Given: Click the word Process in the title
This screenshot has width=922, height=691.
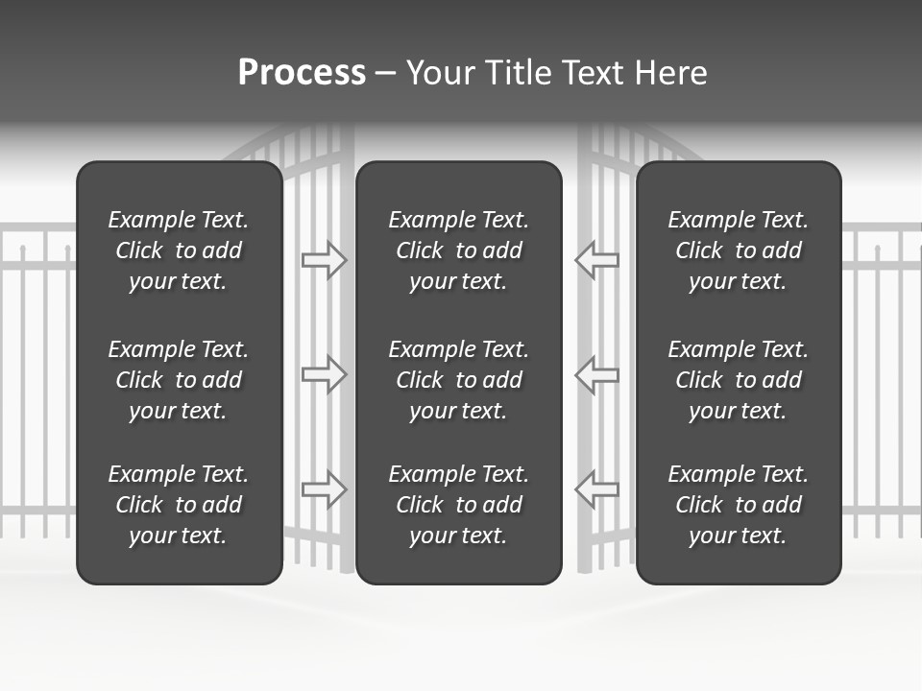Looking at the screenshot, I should (302, 73).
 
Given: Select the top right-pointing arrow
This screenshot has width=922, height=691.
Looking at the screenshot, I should (324, 259).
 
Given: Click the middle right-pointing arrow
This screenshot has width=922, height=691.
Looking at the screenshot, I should (324, 373).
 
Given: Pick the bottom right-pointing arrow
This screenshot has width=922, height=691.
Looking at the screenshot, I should (324, 488).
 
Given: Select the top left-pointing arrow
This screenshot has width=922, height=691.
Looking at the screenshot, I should (597, 259).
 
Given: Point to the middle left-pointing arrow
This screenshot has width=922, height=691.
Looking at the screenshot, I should (597, 373).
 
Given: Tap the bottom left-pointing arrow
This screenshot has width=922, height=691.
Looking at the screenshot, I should (597, 488).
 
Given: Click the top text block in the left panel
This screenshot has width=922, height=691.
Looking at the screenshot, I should (179, 250).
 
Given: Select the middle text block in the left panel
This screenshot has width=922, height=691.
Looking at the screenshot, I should (179, 380).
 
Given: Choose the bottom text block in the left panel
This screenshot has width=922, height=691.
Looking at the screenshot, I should (179, 505).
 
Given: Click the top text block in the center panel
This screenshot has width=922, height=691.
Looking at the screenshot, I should (459, 250).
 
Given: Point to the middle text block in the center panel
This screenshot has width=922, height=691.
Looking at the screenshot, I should (459, 380).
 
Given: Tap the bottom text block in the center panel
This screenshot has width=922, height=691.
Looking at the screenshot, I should (459, 505).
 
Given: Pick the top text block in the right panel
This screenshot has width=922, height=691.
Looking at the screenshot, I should (739, 250).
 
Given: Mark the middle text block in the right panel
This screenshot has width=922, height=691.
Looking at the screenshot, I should (739, 380).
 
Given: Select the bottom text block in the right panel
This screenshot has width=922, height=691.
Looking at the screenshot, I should (739, 505).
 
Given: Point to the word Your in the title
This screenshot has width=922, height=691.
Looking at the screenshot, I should (441, 73).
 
